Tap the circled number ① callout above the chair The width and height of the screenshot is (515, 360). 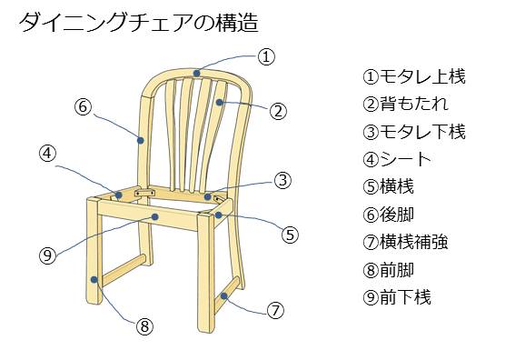[265, 56]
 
